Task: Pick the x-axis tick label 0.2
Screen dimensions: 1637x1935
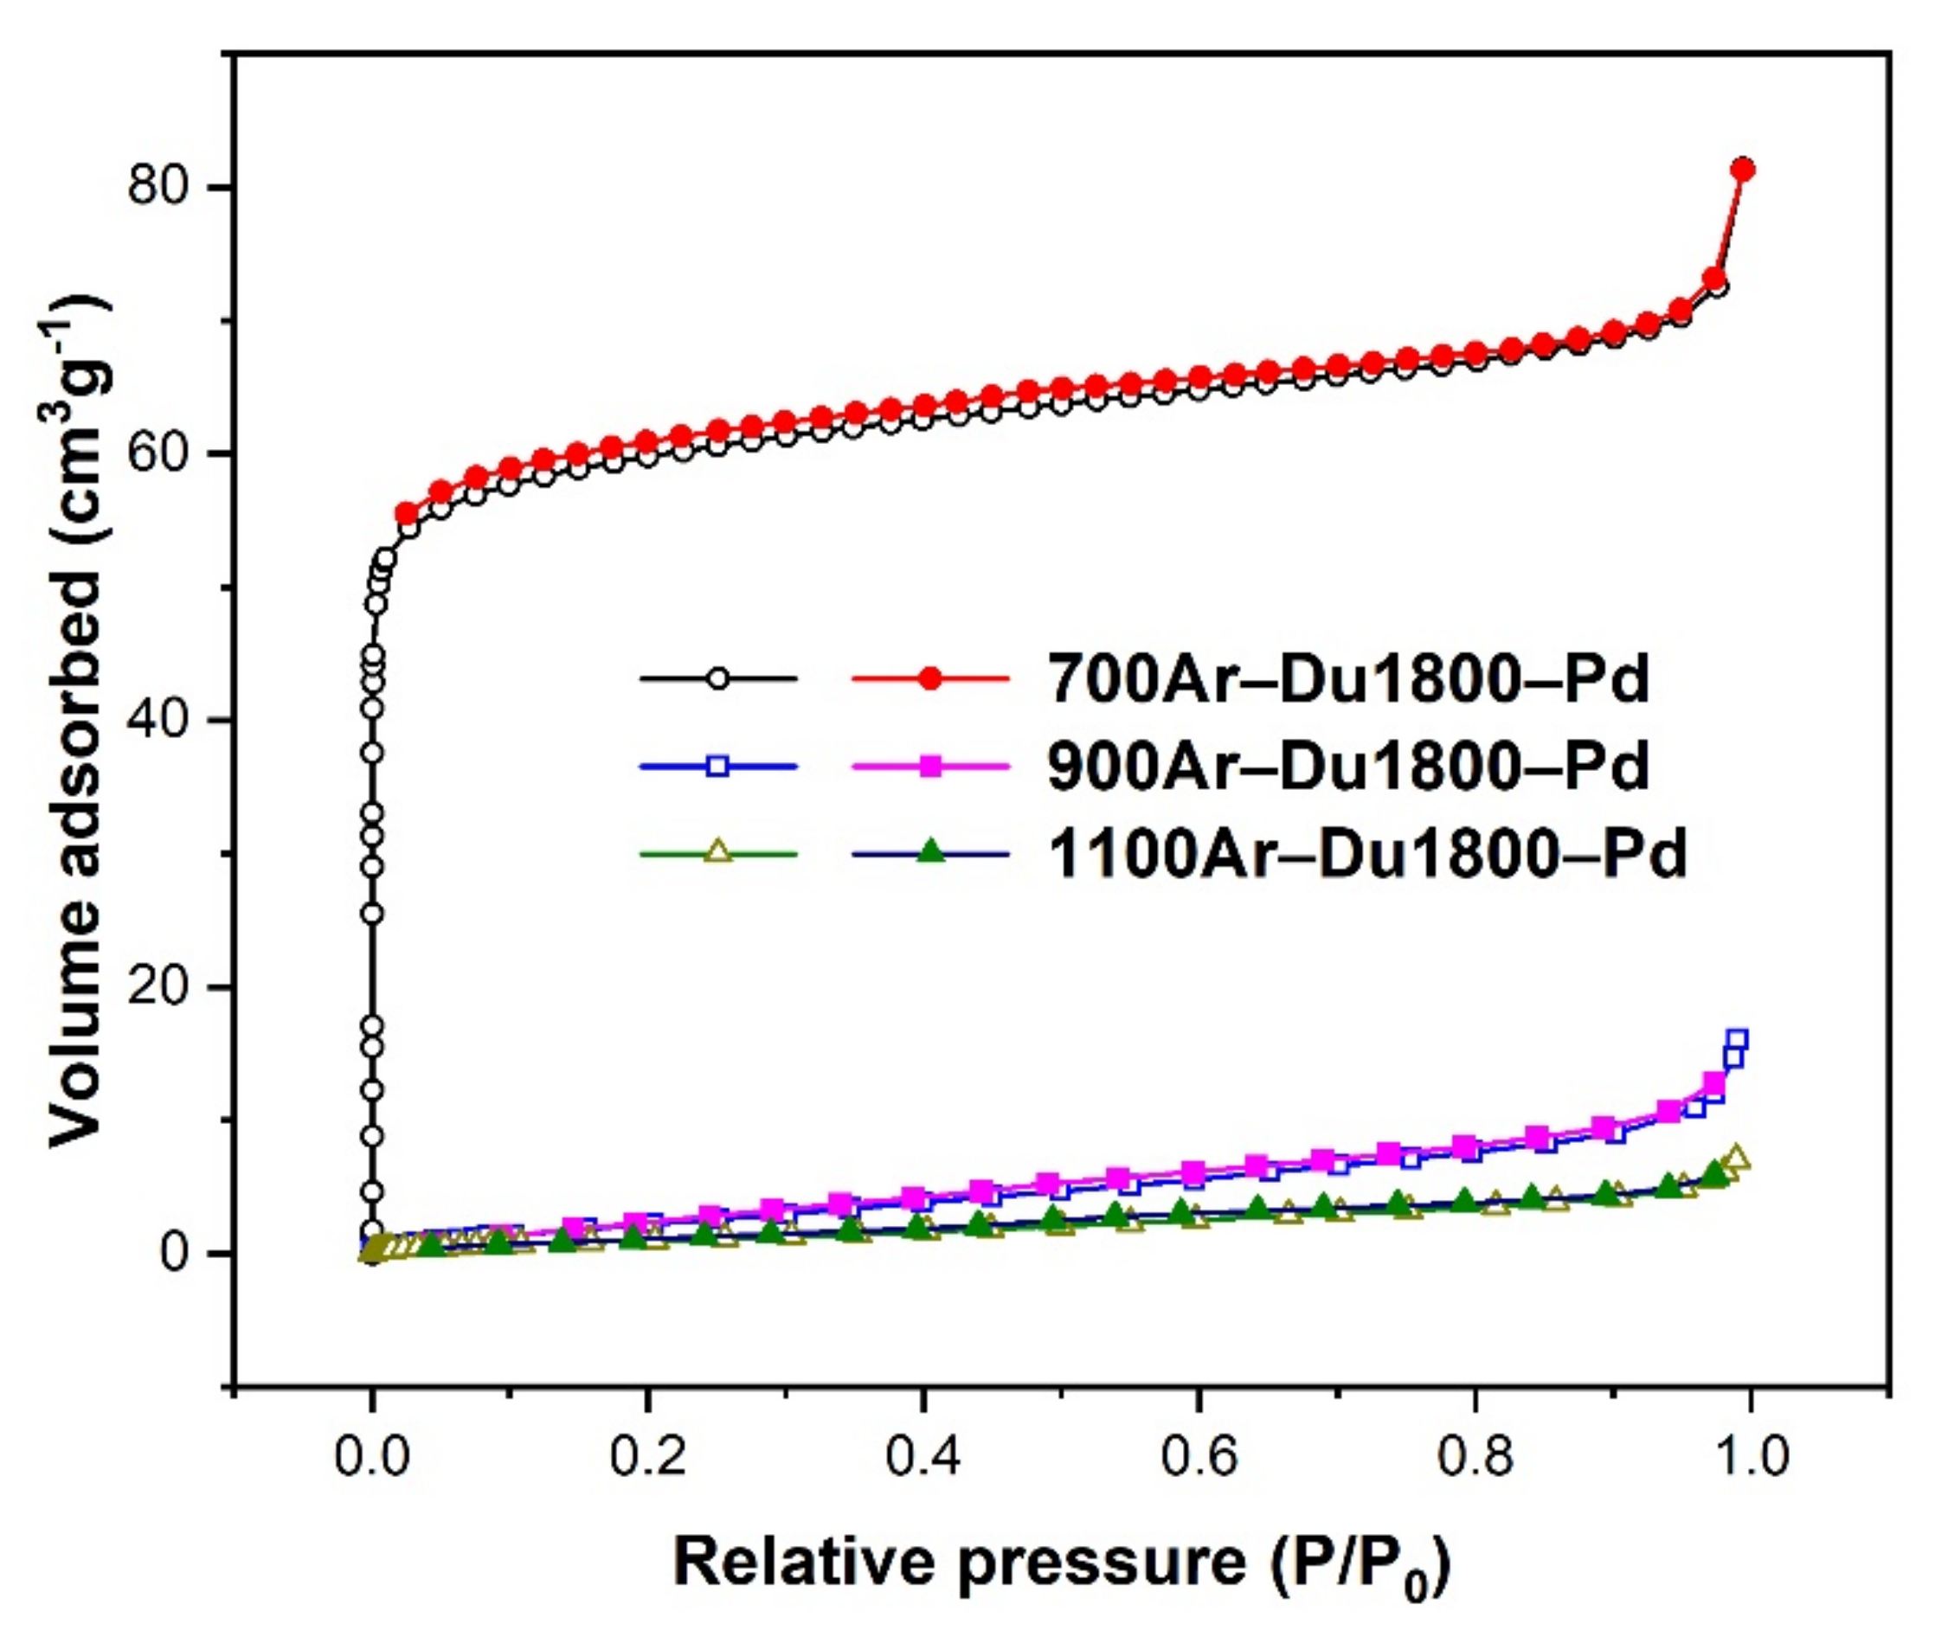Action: point(648,1458)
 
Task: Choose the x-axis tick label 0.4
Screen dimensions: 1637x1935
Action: point(923,1458)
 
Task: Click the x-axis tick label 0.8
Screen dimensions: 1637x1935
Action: point(1475,1458)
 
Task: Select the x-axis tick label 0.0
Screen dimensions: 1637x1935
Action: point(372,1458)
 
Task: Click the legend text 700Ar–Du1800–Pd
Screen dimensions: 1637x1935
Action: point(1347,678)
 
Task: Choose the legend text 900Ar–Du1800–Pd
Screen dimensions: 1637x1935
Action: point(1347,766)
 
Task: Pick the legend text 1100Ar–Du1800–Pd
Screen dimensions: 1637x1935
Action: point(1366,853)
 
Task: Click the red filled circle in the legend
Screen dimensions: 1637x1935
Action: point(930,678)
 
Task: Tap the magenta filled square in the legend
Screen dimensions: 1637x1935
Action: point(930,766)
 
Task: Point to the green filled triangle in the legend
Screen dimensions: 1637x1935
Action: point(930,852)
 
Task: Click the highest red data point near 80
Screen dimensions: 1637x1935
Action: point(1743,169)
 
